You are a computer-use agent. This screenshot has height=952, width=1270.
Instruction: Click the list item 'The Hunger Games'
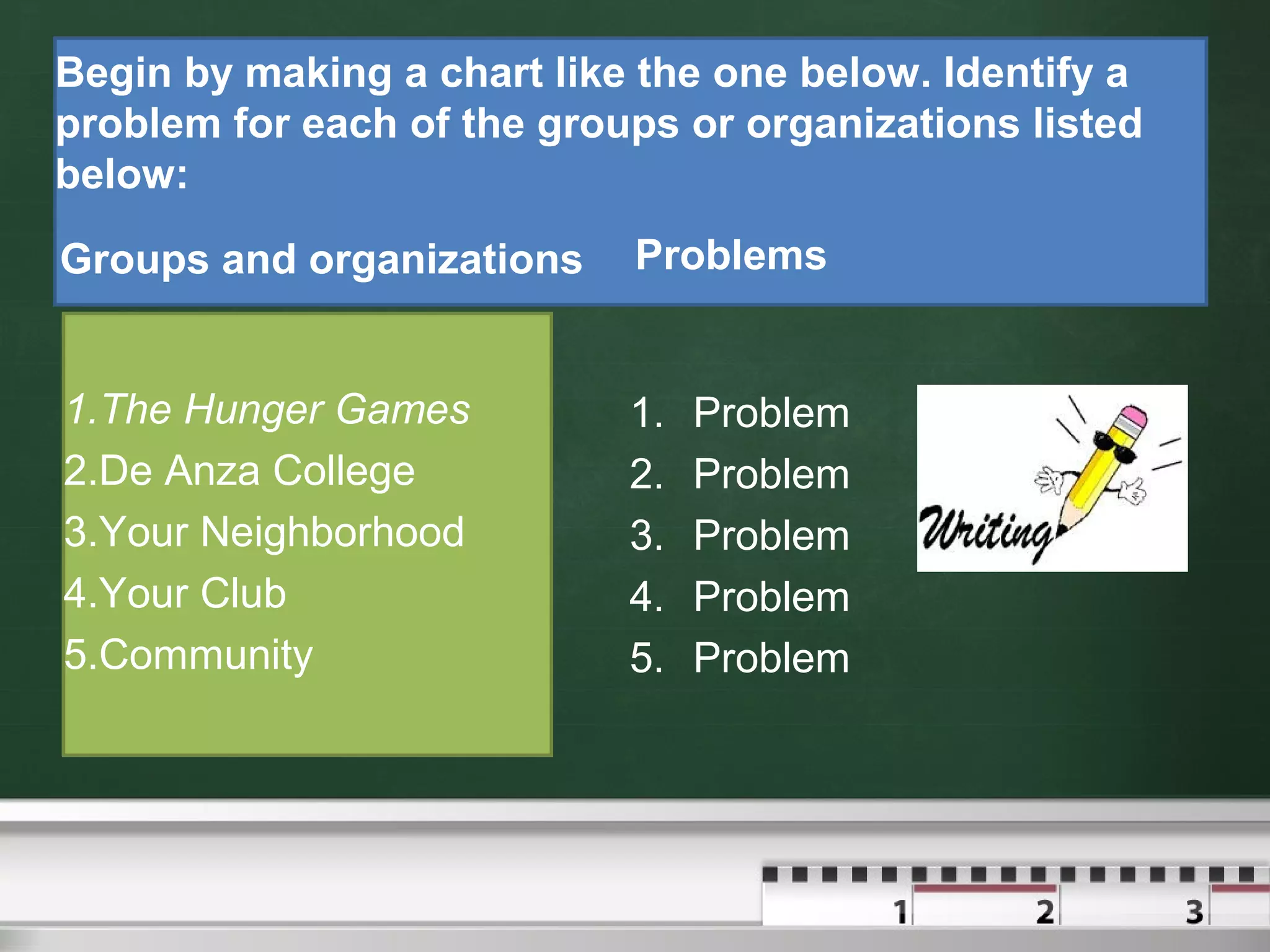(x=285, y=410)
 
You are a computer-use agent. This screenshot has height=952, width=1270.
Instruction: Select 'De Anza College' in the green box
(x=256, y=471)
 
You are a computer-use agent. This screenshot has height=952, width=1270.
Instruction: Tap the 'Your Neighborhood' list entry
(x=281, y=532)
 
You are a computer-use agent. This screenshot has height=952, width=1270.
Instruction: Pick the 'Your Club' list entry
(x=192, y=594)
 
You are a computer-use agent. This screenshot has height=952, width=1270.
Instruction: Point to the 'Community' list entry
(x=205, y=655)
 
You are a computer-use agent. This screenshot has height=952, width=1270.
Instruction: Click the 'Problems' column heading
(x=730, y=255)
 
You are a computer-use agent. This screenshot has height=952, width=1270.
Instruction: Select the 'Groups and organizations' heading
(x=321, y=259)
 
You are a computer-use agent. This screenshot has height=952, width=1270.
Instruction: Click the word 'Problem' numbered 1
(x=771, y=413)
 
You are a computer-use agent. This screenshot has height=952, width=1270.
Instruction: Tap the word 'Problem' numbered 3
(x=771, y=535)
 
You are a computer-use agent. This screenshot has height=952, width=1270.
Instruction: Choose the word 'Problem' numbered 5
(x=771, y=658)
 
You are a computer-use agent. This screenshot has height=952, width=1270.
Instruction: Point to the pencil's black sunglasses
(x=1114, y=448)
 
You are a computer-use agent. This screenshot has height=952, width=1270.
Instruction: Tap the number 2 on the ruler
(x=1045, y=911)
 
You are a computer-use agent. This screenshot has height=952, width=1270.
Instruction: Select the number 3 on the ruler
(x=1194, y=911)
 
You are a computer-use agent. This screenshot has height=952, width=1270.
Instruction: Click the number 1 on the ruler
(x=900, y=912)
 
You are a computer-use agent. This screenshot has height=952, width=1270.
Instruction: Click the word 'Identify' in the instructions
(x=1018, y=73)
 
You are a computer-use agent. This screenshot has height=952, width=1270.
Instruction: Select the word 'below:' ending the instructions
(x=122, y=174)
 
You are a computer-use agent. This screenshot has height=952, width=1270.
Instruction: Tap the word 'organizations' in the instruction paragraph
(x=882, y=124)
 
